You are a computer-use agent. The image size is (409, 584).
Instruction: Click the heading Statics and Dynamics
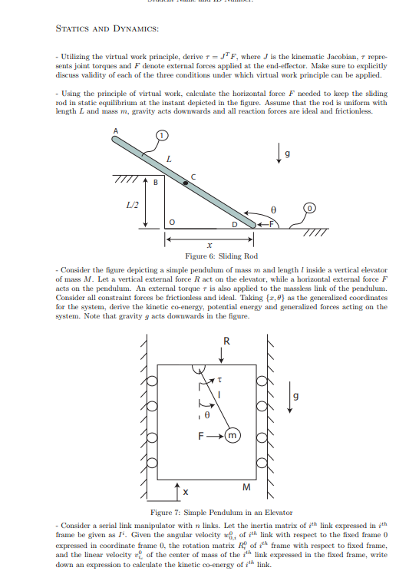(x=107, y=28)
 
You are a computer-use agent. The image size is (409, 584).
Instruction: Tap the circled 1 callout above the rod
(x=162, y=137)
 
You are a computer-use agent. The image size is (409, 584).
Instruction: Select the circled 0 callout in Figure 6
(x=309, y=208)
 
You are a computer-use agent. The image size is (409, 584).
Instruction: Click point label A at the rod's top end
(x=116, y=130)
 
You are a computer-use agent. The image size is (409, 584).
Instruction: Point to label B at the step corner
(x=154, y=182)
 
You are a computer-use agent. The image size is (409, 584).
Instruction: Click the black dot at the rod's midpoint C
(x=185, y=183)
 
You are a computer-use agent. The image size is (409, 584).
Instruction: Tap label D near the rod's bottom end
(x=235, y=224)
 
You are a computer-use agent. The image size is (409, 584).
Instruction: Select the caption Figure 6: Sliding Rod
(x=221, y=256)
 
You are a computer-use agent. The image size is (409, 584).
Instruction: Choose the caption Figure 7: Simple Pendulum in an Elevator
(x=221, y=512)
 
